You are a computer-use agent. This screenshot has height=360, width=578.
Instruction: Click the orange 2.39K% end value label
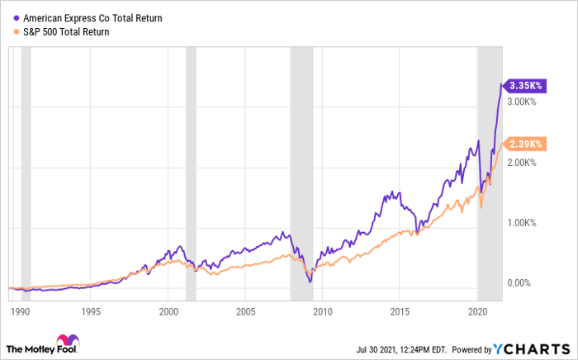tap(525, 144)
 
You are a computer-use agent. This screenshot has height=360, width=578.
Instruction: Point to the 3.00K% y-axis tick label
tap(523, 102)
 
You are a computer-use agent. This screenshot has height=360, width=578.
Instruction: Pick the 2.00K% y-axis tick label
tap(523, 162)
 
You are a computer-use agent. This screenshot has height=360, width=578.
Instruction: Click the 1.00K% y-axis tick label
tap(523, 223)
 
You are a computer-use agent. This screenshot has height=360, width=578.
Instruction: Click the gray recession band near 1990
tap(26, 165)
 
